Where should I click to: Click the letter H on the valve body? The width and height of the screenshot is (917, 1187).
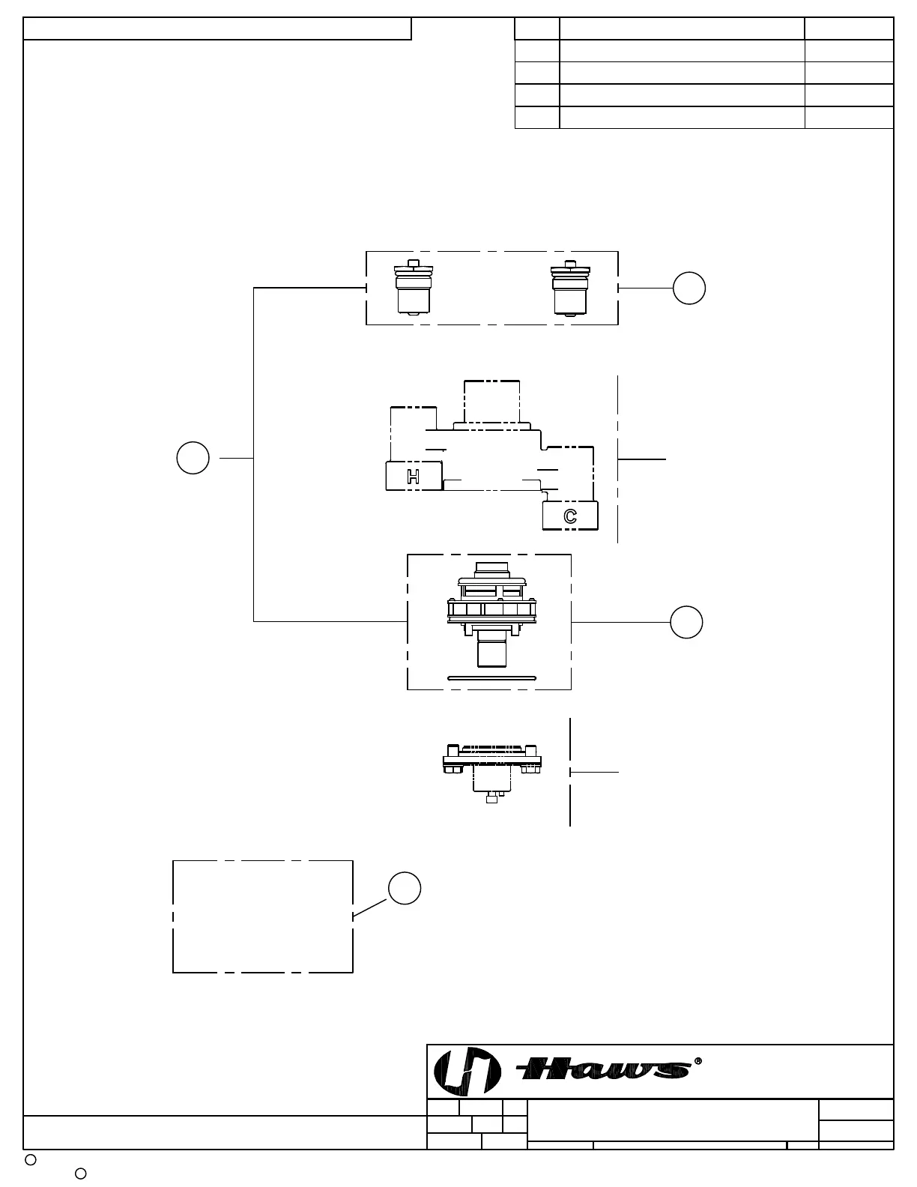point(413,477)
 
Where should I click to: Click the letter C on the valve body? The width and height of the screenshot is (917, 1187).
point(570,516)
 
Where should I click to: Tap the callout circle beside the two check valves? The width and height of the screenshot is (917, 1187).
point(688,289)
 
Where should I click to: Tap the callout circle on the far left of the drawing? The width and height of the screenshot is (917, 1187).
point(193,458)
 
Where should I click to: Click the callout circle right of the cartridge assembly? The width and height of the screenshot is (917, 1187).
point(686,622)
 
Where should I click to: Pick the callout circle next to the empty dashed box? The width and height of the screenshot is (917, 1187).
point(405,888)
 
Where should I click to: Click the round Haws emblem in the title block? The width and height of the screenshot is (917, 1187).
point(467,1072)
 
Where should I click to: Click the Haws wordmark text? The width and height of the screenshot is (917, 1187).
point(604,1069)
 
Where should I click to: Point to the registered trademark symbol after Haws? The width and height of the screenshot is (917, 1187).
point(698,1061)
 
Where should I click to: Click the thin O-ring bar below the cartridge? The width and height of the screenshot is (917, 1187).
point(491,678)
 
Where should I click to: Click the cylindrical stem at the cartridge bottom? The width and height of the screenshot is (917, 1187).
point(491,649)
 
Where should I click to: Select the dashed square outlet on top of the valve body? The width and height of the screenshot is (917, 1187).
point(491,402)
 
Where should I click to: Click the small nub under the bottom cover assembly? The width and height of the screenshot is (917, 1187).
point(491,799)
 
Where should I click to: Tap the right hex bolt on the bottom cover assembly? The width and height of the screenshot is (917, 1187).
point(531,769)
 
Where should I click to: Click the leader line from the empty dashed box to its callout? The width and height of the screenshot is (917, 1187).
point(370,907)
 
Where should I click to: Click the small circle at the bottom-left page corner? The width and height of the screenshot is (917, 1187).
point(31,1160)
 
